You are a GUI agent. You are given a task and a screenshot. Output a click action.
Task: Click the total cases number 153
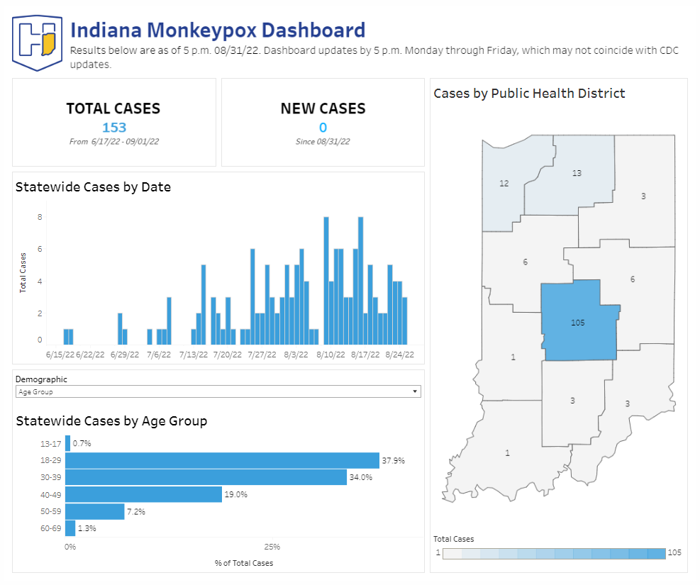click(113, 128)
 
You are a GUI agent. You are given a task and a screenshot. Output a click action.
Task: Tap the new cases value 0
click(323, 128)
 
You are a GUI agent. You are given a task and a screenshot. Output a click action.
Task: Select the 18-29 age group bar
click(222, 460)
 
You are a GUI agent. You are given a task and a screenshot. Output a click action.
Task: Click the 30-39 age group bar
click(206, 477)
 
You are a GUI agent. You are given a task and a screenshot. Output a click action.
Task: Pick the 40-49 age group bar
click(144, 494)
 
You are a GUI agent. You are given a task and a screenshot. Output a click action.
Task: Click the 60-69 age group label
click(51, 528)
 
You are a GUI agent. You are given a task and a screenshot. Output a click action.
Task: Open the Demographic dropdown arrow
click(414, 391)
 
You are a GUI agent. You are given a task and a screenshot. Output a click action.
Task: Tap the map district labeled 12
click(504, 183)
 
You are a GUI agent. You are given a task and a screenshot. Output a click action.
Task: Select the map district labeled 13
click(576, 172)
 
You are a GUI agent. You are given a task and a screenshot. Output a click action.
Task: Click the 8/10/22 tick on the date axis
click(330, 355)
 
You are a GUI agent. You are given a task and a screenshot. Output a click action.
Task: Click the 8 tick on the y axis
click(40, 218)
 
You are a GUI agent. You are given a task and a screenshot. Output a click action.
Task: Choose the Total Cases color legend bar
click(553, 553)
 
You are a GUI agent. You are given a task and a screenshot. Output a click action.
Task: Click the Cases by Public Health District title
click(529, 94)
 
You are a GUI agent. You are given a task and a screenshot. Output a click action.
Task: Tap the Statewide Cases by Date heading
click(93, 187)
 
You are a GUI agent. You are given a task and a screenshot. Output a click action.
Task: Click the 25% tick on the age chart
click(272, 547)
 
